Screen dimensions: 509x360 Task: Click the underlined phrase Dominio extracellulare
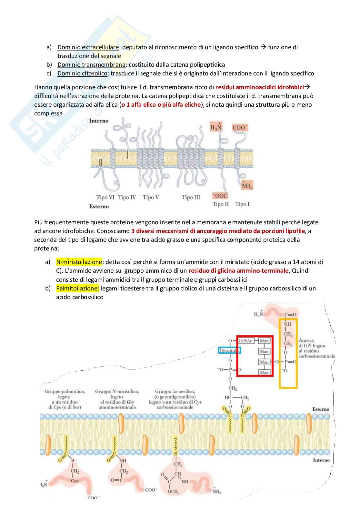(x=88, y=47)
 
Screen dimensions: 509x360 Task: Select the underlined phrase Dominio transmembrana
(x=91, y=65)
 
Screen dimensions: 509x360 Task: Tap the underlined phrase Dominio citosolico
(x=83, y=73)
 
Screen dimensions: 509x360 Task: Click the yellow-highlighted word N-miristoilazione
(x=79, y=262)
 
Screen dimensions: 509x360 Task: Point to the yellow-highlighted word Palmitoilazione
(x=78, y=288)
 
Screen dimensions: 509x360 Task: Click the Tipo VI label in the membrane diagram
(x=105, y=197)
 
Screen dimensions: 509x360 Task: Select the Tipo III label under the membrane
(x=191, y=197)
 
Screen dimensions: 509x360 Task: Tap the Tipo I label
(x=242, y=204)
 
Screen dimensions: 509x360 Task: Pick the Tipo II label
(x=221, y=204)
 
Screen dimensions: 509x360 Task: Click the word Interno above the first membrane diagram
(x=99, y=121)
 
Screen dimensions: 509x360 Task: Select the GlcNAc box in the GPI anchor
(x=246, y=340)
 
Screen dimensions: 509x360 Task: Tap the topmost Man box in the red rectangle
(x=264, y=341)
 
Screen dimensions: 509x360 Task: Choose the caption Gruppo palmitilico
(x=65, y=392)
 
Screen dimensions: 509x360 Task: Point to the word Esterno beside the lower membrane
(x=321, y=409)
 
